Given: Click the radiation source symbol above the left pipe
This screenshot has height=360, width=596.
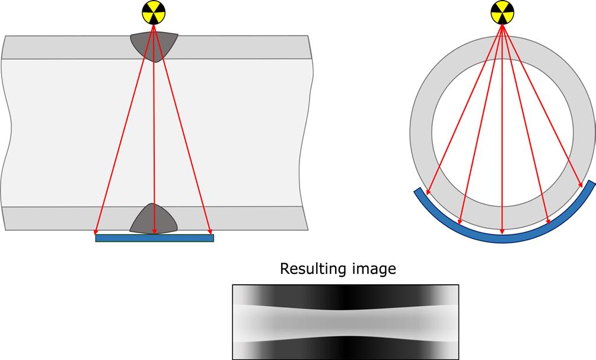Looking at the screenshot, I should point(154,12).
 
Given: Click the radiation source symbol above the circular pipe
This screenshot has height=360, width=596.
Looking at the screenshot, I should point(503,12).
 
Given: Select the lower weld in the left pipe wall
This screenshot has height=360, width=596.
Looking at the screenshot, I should point(154,219).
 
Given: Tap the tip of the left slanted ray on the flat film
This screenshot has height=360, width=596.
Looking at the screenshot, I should point(96,233).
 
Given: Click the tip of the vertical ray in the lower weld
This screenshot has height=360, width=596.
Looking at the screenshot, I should point(154,232).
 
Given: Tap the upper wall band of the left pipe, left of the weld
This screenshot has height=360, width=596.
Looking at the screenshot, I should point(65,47).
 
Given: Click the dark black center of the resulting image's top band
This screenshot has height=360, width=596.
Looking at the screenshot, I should point(345,295).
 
